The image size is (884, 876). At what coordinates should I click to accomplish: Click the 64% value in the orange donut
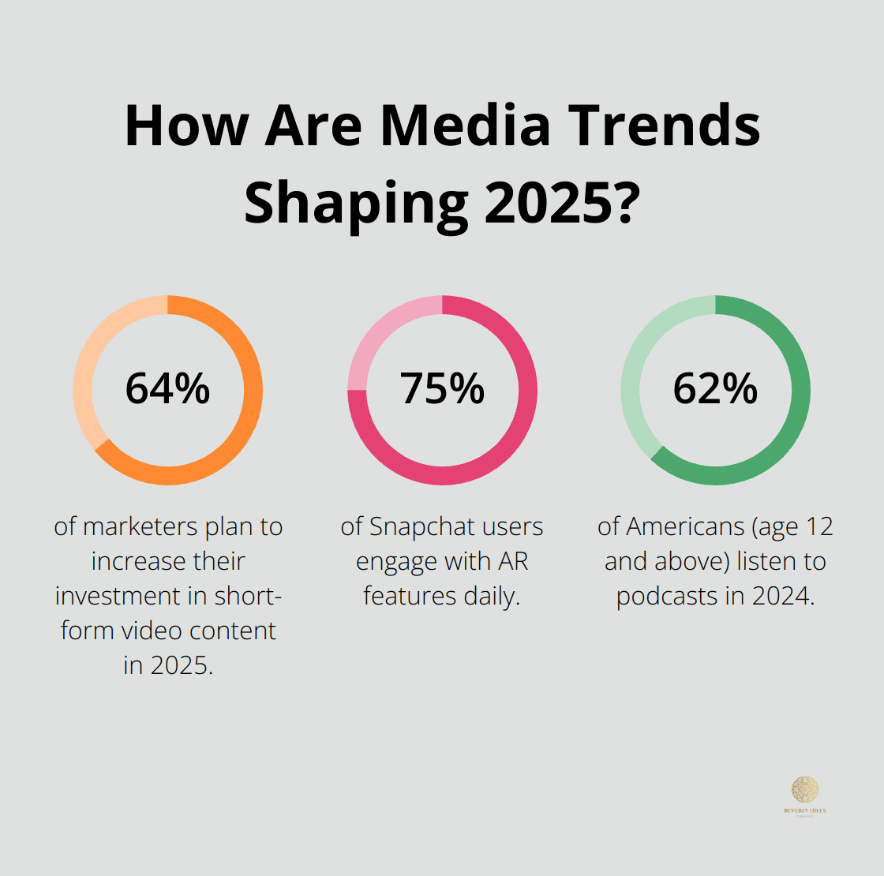point(167,388)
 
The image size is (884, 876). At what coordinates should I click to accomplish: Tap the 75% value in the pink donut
point(442,388)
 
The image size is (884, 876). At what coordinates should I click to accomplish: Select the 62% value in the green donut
point(715,388)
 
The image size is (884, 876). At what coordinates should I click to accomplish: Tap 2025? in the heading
point(560,203)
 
